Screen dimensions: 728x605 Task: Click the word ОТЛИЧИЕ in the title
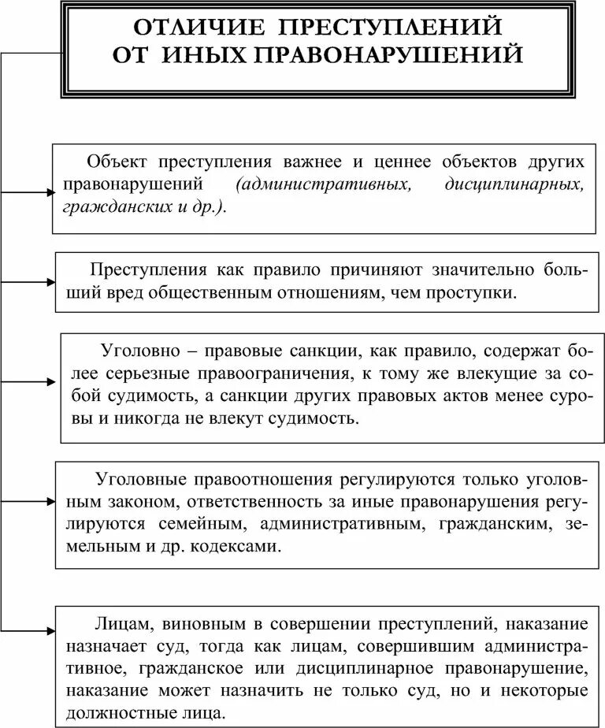pos(192,27)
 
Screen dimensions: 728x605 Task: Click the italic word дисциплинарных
pos(514,184)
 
